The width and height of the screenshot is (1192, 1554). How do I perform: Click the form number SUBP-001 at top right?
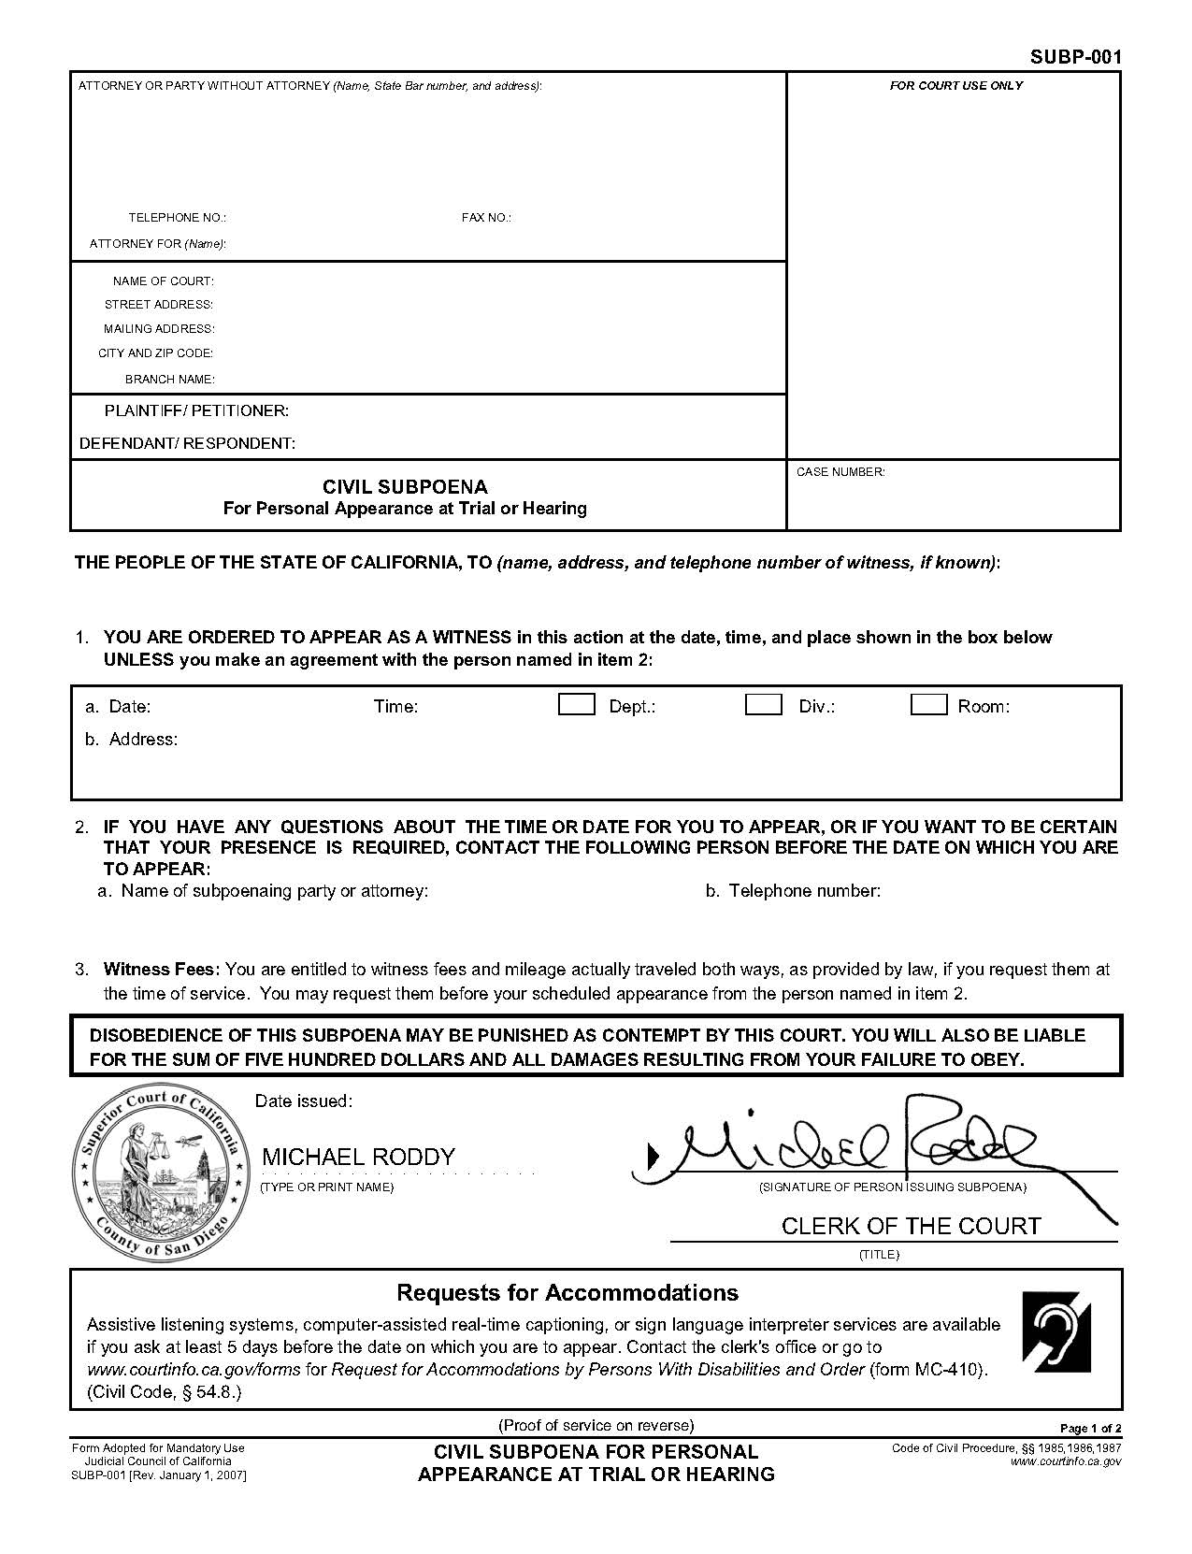(1075, 57)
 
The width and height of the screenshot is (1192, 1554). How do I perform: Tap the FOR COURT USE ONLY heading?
(955, 85)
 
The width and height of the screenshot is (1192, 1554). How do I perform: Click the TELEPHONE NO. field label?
(177, 218)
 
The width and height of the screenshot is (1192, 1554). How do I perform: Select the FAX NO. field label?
(486, 218)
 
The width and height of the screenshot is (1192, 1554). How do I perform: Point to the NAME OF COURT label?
(163, 281)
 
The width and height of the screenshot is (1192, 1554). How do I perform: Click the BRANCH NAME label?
(169, 380)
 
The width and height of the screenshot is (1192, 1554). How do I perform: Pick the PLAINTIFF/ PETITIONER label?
(196, 411)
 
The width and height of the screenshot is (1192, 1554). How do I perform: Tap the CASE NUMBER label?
(840, 472)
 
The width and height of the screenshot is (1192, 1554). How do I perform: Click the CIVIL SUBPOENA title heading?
(405, 487)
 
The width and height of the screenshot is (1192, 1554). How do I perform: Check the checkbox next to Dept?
(576, 705)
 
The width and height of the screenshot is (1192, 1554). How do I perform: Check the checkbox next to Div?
(763, 705)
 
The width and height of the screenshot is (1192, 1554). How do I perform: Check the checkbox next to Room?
(928, 705)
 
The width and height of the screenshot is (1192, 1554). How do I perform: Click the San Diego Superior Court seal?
(161, 1174)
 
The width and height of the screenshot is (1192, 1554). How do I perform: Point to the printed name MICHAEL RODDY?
(358, 1157)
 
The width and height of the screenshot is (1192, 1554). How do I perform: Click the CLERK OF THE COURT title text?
(911, 1226)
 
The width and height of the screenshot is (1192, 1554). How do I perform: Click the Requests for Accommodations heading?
(567, 1293)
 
